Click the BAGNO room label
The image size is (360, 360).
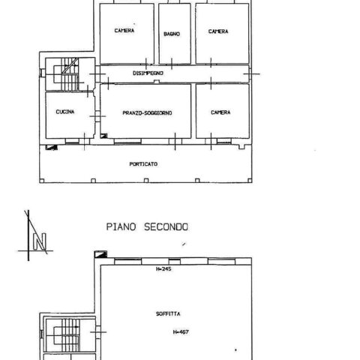coord(172,34)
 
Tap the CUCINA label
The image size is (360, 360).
coord(65,112)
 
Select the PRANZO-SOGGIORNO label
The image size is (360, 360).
coord(147,113)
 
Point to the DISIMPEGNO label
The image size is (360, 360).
coord(148,73)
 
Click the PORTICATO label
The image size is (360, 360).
coord(143,164)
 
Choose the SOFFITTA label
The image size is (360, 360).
coord(168,313)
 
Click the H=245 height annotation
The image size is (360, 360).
coord(163,269)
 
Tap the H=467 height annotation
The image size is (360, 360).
coord(181,332)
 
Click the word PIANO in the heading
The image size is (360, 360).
coord(121,227)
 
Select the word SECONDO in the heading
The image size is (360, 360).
coord(166,227)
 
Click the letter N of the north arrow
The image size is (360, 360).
coord(40,241)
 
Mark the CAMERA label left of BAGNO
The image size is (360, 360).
coord(124,31)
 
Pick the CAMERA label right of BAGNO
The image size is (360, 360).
coord(218,31)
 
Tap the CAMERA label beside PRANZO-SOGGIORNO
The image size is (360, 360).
coord(220,112)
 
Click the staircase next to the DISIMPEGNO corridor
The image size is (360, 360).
coord(66,74)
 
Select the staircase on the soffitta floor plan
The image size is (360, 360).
coord(67,334)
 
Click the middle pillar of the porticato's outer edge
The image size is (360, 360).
coord(146,180)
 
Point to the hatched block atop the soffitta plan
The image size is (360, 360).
coord(100,254)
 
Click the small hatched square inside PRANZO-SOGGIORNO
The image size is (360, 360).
coord(103,136)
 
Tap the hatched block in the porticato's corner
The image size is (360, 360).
coord(52,148)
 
